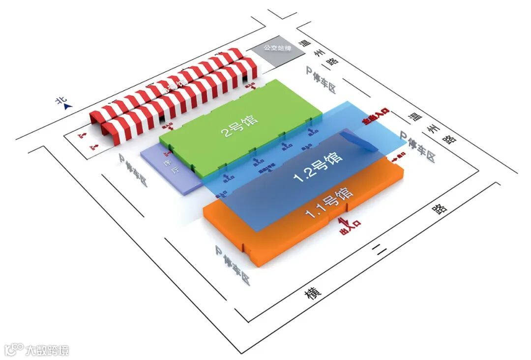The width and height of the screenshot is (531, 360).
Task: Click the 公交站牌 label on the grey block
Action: click(278, 48)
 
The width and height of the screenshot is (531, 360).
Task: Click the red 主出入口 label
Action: click(376, 118)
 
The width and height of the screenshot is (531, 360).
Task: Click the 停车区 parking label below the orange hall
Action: click(233, 265)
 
